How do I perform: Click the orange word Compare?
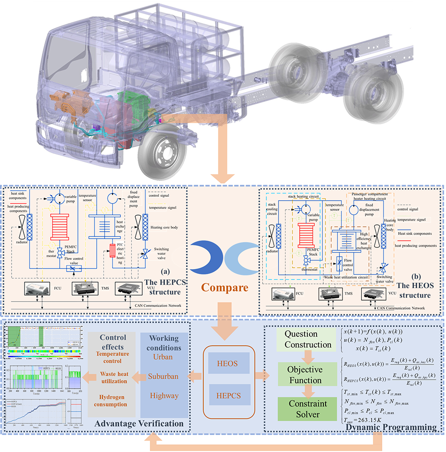224,287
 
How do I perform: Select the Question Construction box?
307,339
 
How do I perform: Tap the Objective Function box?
304,375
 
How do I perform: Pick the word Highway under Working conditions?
164,395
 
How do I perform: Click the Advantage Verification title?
139,423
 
